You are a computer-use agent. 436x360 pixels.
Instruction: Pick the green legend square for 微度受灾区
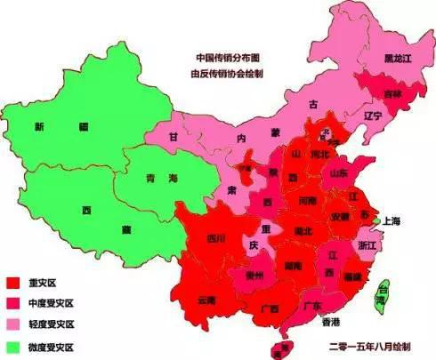pos(12,345)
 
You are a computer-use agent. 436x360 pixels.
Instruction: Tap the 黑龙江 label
pos(398,59)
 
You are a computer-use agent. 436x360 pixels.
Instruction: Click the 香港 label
pos(331,321)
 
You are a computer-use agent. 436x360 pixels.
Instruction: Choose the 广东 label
pos(311,305)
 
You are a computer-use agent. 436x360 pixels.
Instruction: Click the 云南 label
pos(206,300)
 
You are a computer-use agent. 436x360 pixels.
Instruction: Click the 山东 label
pos(339,173)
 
